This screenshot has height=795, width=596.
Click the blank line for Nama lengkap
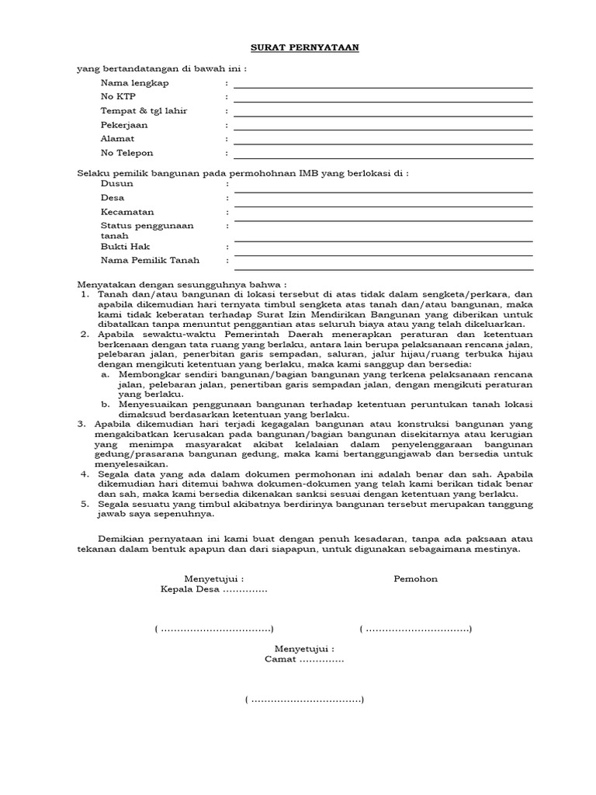383,87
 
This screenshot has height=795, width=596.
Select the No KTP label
117,97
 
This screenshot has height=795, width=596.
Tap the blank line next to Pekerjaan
383,129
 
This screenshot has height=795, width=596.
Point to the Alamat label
117,139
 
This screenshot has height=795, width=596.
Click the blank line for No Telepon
383,157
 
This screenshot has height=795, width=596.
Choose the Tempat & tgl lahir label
144,111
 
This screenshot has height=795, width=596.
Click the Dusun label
116,184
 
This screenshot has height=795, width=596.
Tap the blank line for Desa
383,205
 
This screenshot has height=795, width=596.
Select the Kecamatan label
127,212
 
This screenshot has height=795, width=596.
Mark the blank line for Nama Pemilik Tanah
383,268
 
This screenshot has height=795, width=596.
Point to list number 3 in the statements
82,424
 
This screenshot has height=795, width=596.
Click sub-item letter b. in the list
106,404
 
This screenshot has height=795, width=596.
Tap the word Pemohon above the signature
415,578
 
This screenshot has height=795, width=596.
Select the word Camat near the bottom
281,659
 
